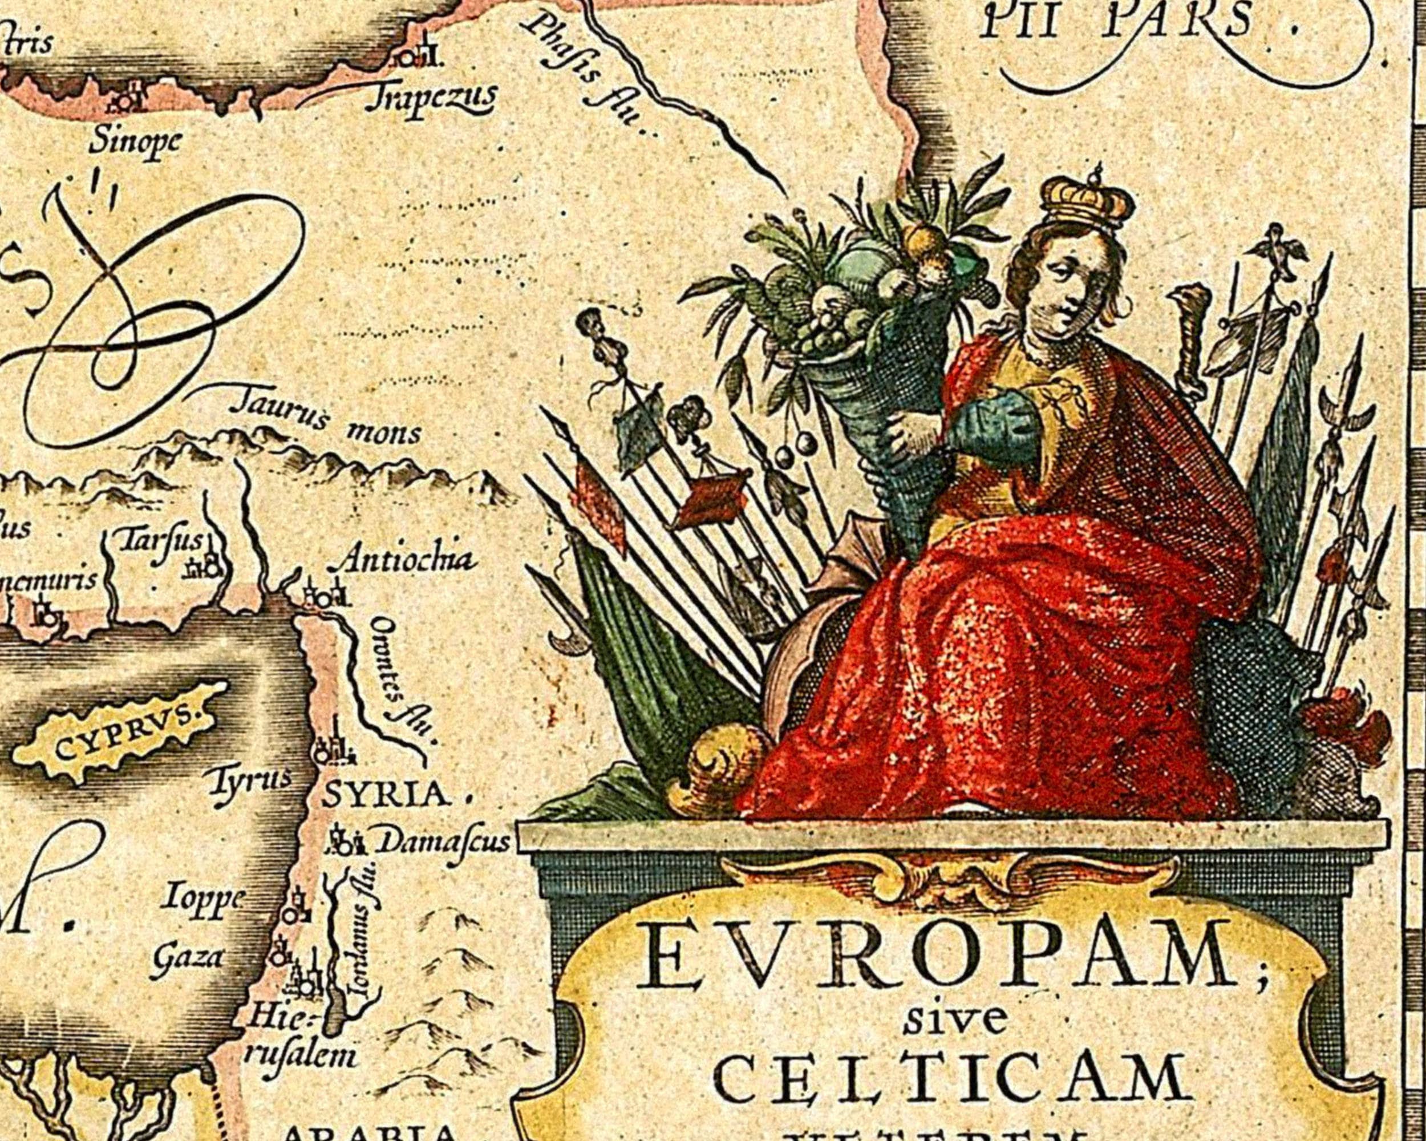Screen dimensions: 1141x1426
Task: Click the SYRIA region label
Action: pyautogui.click(x=385, y=796)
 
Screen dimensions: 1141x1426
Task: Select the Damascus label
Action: pyautogui.click(x=443, y=842)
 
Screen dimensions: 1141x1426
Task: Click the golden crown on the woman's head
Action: pyautogui.click(x=1087, y=199)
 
